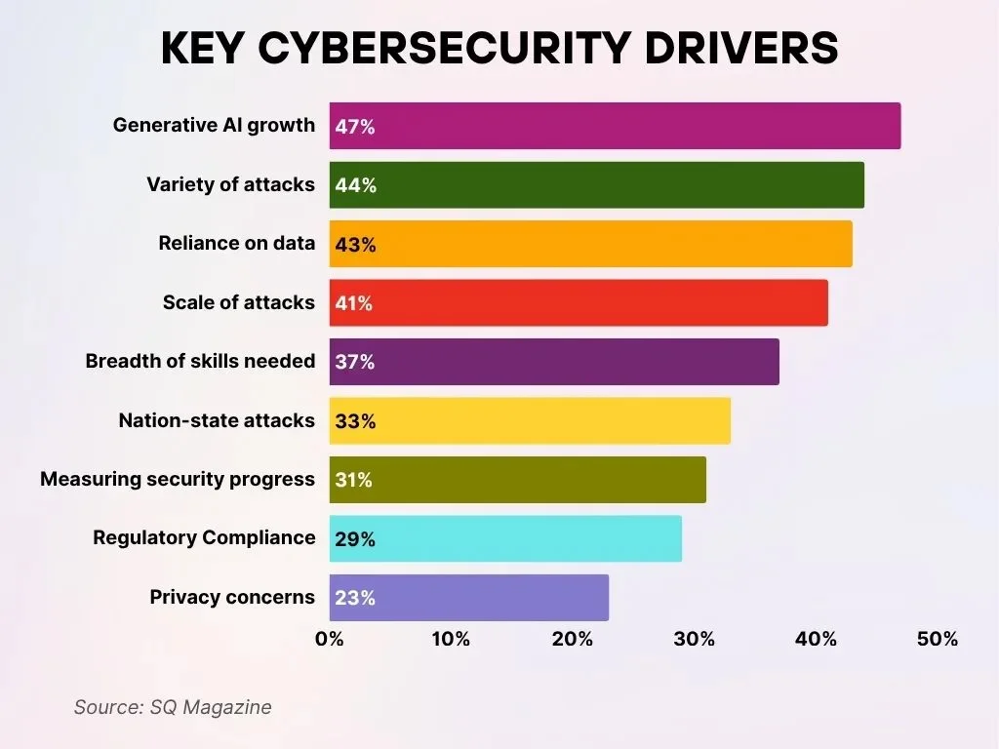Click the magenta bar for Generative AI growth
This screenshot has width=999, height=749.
[615, 126]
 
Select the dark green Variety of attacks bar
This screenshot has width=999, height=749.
[596, 185]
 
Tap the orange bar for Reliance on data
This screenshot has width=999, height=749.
[590, 244]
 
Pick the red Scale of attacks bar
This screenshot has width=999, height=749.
[579, 303]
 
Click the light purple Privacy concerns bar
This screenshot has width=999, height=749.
[468, 598]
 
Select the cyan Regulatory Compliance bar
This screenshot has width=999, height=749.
[505, 538]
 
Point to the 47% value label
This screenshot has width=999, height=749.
[355, 127]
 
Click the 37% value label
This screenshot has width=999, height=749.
[355, 362]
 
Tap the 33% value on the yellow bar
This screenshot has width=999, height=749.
[355, 421]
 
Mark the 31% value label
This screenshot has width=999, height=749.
[355, 480]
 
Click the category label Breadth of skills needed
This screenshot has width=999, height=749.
[200, 361]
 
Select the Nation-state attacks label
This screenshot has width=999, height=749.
[217, 420]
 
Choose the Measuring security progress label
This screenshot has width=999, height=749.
[178, 479]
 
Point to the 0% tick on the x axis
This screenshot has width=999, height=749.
[330, 640]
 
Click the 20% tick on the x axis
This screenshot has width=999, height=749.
[572, 640]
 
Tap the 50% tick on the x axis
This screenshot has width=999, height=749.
[937, 640]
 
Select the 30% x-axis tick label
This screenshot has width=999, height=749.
[694, 640]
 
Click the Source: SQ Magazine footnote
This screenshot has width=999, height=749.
[173, 707]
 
